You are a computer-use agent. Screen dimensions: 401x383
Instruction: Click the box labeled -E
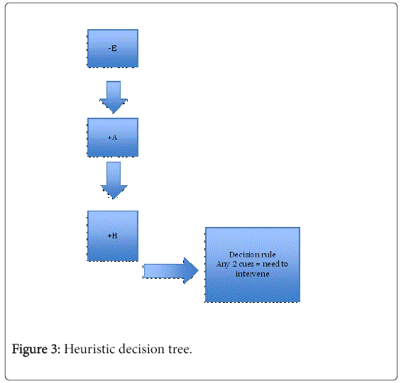point(113,48)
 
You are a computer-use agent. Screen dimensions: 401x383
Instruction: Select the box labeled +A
point(113,137)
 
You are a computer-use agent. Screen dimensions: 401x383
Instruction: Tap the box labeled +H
point(113,236)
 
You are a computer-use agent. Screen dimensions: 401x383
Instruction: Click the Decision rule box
point(253,265)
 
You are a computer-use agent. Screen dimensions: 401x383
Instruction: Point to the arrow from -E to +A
point(114,97)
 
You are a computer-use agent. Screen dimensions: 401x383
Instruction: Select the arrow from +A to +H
point(114,180)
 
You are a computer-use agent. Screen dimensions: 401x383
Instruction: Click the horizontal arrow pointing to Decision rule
point(170,270)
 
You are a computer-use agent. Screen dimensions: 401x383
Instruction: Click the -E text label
point(113,48)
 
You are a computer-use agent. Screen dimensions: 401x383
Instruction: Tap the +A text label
point(113,138)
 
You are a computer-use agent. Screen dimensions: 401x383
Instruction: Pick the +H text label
point(113,235)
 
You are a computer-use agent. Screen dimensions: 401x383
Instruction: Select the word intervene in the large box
point(253,274)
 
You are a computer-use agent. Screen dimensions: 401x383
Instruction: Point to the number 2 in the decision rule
point(234,264)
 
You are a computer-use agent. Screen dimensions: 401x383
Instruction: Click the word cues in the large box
point(246,264)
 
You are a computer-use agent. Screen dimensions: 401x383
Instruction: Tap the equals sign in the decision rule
point(258,264)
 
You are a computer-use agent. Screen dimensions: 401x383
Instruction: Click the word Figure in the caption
point(30,349)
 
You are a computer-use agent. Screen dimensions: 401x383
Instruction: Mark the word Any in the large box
point(223,265)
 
